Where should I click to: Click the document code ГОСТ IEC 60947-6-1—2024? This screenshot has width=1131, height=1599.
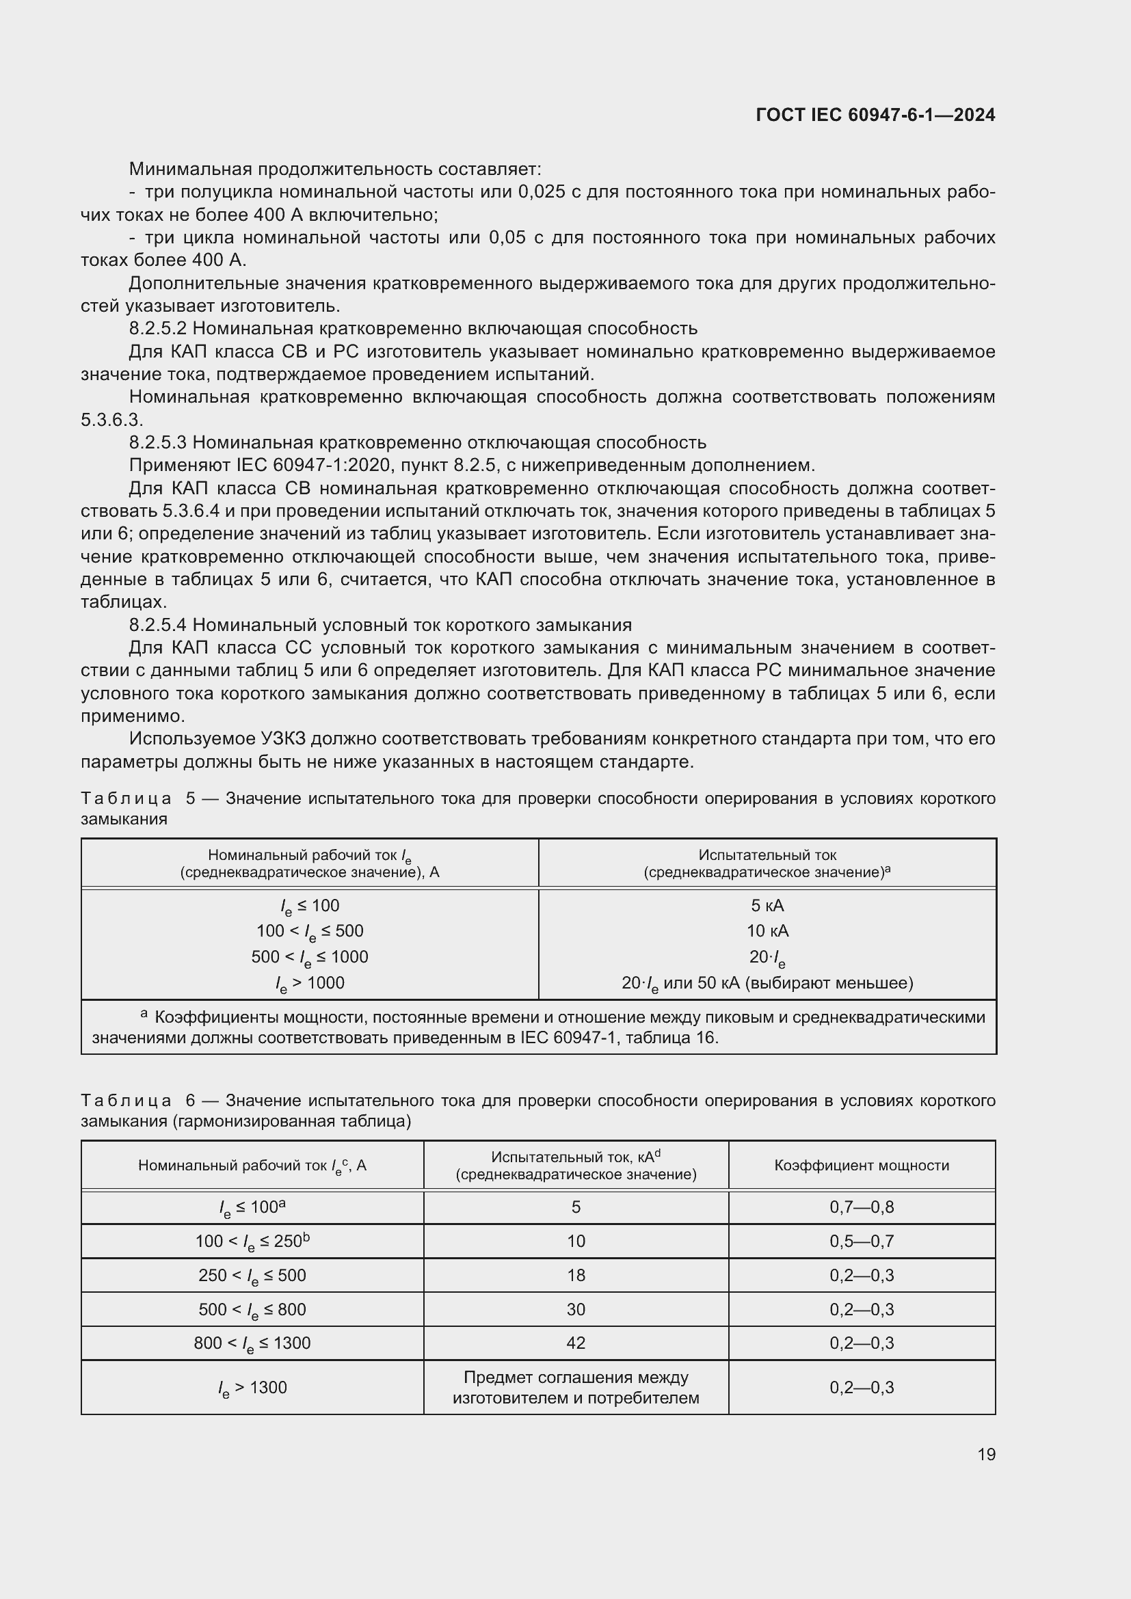(875, 115)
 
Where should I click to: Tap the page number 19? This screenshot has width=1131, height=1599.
(986, 1454)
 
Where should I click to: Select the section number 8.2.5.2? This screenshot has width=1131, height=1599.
(158, 328)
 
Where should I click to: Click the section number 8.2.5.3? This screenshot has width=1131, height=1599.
(158, 442)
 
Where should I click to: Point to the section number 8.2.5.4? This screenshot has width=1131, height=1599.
(158, 625)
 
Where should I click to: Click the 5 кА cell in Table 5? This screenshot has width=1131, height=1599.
(767, 905)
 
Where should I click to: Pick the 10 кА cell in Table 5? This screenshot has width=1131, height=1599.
(767, 931)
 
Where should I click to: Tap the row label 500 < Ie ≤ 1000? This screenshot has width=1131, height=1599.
(310, 957)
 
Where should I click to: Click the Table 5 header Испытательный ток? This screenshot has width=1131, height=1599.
(767, 855)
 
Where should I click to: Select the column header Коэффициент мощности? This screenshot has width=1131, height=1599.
(862, 1166)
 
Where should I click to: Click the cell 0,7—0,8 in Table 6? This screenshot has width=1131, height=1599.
(862, 1207)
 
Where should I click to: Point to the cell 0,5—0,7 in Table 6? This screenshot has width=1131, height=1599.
(862, 1241)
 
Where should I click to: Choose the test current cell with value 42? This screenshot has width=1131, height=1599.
(576, 1343)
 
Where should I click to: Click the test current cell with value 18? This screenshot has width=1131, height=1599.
(576, 1276)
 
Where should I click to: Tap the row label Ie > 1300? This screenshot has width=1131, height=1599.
(252, 1388)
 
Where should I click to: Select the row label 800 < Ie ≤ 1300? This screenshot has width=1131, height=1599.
(252, 1343)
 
